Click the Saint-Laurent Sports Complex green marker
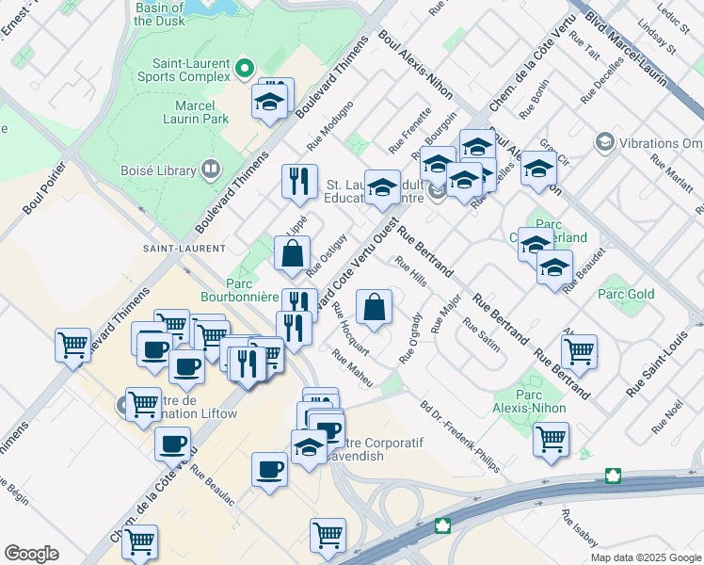click(245, 67)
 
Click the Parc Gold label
click(626, 294)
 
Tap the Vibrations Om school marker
click(603, 142)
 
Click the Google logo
click(31, 553)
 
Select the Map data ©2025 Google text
click(645, 557)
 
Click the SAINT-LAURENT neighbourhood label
click(184, 249)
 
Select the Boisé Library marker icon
click(211, 170)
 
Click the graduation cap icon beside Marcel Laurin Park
click(270, 101)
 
